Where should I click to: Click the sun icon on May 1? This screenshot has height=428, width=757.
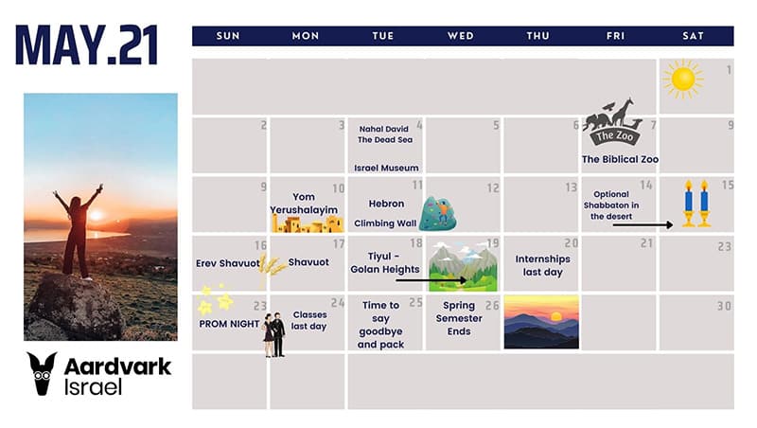coord(682,79)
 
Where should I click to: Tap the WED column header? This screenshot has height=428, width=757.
coord(461,36)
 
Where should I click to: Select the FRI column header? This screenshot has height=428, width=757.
coord(616,36)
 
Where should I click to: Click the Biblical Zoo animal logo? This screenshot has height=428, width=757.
coord(612,122)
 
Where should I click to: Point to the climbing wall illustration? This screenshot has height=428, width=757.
coord(437,213)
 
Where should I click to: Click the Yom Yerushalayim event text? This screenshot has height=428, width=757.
coord(304,204)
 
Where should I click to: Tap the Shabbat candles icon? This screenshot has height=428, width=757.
coord(696,204)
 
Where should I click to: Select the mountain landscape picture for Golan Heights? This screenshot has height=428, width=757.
coord(463,267)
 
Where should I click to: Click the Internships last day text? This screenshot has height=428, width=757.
coord(542,266)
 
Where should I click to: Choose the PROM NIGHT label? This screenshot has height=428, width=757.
coord(229,324)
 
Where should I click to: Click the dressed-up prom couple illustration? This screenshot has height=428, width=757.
coord(273,335)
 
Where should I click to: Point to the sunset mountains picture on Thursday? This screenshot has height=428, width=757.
coord(541,322)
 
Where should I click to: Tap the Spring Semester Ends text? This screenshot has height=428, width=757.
coord(459,318)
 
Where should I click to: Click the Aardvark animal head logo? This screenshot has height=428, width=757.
coord(42,373)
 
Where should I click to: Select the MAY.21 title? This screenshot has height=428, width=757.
coord(87,45)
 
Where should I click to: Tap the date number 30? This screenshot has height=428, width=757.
coord(724,306)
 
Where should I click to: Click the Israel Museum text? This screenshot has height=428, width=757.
coord(386,169)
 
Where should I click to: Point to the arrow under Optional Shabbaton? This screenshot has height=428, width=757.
coord(643,224)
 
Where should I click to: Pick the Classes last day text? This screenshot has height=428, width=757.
coord(309,320)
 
